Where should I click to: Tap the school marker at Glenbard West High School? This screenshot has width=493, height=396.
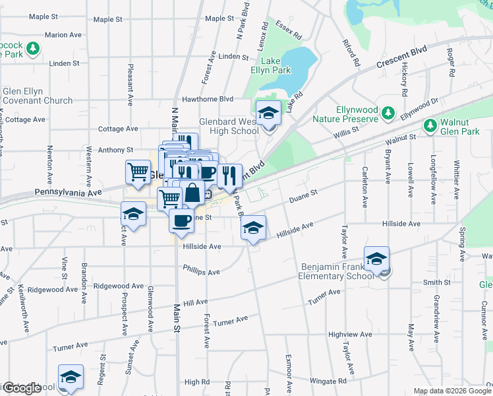pyautogui.click(x=268, y=114)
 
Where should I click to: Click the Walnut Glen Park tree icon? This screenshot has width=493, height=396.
pyautogui.click(x=430, y=124)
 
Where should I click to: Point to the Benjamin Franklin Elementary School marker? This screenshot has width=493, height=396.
pyautogui.click(x=376, y=259)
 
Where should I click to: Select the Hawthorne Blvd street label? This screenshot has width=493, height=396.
pyautogui.click(x=208, y=99)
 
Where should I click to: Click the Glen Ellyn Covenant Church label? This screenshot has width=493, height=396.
pyautogui.click(x=37, y=96)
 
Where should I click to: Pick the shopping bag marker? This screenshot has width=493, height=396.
pyautogui.click(x=192, y=193)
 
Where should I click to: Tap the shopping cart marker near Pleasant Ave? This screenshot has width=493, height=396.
pyautogui.click(x=137, y=172)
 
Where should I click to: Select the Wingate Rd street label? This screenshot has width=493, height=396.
pyautogui.click(x=324, y=381)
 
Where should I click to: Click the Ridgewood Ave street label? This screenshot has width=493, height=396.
pyautogui.click(x=119, y=286)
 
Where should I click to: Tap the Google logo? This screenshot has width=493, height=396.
pyautogui.click(x=22, y=388)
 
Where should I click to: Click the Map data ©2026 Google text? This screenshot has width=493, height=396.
pyautogui.click(x=451, y=391)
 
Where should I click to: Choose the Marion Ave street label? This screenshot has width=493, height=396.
pyautogui.click(x=64, y=34)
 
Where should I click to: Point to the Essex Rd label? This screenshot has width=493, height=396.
pyautogui.click(x=288, y=29)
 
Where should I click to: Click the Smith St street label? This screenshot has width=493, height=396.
pyautogui.click(x=436, y=282)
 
